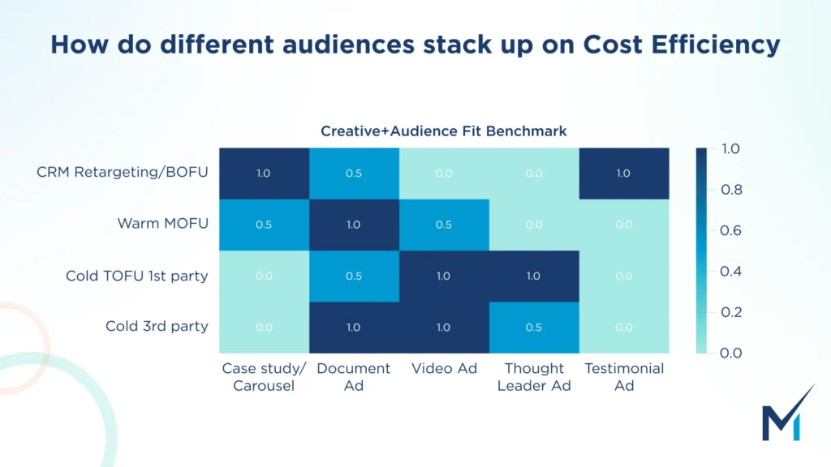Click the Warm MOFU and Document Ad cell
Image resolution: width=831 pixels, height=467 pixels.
[x=353, y=225]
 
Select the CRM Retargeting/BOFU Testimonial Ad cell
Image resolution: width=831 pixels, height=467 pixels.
[x=623, y=174]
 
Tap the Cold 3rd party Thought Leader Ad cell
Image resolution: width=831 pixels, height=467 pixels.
[x=533, y=327]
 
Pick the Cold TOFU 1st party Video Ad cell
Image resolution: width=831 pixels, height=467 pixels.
[x=443, y=276]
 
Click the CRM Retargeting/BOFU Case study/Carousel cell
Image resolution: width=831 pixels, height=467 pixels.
[x=264, y=174]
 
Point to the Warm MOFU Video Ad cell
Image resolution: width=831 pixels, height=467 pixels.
[x=443, y=225]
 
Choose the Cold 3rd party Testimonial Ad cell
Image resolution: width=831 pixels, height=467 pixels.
[x=623, y=327]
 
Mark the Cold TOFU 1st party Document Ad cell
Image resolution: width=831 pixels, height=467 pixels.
[x=353, y=276]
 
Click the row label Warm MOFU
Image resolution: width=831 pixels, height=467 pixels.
[x=162, y=224]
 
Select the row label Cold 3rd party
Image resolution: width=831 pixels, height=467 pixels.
[x=157, y=326]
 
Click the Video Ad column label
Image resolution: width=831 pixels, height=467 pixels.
[x=443, y=369]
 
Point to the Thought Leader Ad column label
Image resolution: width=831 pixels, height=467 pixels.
[x=533, y=377]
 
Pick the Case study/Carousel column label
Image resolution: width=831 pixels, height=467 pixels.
[x=264, y=377]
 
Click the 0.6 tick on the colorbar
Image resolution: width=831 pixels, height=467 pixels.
[x=731, y=230]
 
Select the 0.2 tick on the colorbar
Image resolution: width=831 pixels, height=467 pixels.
[x=731, y=312]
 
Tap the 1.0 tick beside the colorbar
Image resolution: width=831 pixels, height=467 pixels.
[x=731, y=149]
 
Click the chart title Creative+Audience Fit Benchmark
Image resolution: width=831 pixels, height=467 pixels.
[x=443, y=131]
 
